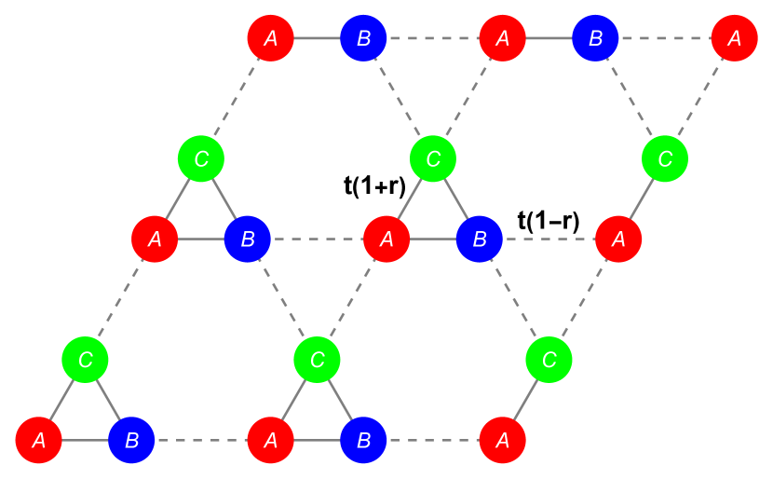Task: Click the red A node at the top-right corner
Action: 734,38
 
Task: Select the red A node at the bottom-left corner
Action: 38,440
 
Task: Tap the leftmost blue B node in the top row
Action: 363,38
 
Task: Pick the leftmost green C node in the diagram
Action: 85,359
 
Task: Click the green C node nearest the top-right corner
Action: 665,158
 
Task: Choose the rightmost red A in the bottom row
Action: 502,440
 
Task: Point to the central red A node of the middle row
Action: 386,239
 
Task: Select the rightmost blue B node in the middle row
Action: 480,239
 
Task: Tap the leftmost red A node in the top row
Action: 271,38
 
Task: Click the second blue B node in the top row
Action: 595,38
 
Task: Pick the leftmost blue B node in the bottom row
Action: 131,440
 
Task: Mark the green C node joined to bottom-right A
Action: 549,359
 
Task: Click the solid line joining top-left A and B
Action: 317,38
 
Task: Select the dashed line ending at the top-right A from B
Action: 665,38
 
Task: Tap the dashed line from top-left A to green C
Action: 237,98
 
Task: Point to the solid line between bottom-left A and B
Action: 85,440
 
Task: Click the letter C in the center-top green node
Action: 433,158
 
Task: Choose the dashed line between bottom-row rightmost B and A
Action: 433,440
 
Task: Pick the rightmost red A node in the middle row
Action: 618,239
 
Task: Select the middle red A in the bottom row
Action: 271,440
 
